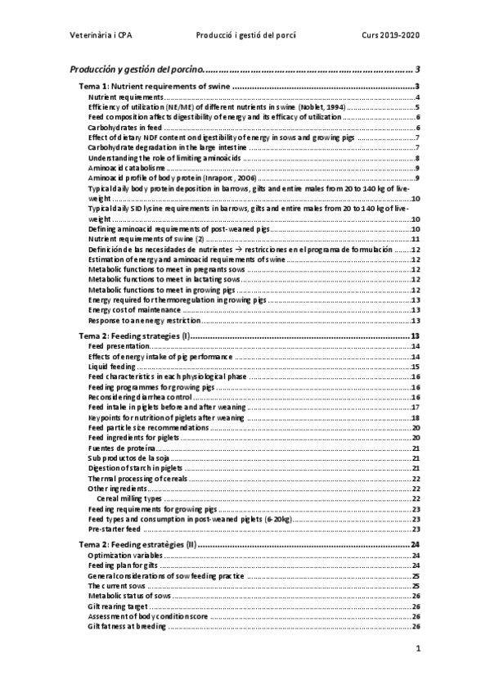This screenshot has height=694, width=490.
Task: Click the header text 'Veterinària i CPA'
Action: (104, 35)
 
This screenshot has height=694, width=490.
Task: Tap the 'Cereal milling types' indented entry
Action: (128, 498)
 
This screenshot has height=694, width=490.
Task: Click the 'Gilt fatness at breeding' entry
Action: (127, 626)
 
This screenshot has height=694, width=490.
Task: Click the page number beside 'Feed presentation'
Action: (416, 347)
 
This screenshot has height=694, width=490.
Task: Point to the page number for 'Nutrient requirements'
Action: (417, 97)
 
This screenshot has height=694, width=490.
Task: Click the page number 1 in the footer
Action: (417, 650)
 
